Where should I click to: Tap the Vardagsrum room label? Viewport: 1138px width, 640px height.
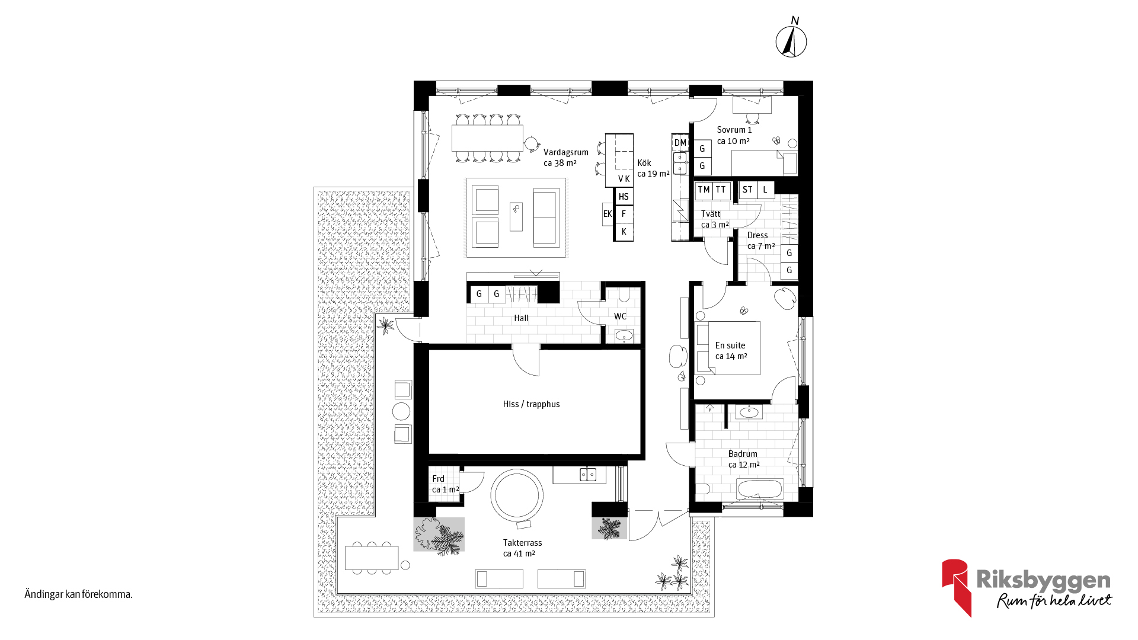click(566, 152)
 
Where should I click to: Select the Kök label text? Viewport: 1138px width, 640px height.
click(644, 163)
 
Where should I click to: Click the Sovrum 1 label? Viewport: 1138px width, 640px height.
click(734, 130)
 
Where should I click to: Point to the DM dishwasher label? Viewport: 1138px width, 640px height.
click(680, 143)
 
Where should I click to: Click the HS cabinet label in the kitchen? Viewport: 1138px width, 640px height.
click(624, 197)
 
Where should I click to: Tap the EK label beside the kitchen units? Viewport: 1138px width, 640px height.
click(608, 214)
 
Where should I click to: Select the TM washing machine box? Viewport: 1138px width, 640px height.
click(704, 190)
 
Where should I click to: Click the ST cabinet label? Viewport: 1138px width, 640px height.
click(747, 190)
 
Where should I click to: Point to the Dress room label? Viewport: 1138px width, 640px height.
click(757, 235)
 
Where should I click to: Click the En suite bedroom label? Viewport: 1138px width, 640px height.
click(730, 345)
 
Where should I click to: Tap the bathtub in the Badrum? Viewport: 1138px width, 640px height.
click(760, 489)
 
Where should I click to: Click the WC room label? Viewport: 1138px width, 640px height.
click(620, 316)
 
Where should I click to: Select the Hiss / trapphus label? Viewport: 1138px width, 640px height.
click(531, 404)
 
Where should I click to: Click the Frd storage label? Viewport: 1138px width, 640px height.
click(438, 479)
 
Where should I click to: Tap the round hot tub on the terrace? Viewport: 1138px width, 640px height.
click(517, 496)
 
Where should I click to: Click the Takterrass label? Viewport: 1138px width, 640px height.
click(522, 543)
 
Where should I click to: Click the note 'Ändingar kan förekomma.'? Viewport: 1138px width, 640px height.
click(78, 594)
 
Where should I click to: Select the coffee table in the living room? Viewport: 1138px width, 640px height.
click(516, 216)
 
